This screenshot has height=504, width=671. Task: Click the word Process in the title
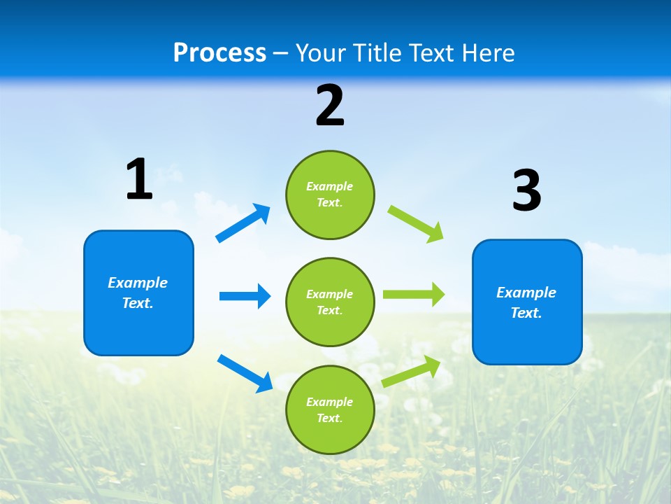click(219, 53)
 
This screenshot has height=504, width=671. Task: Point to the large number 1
click(139, 180)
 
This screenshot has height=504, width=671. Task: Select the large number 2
click(330, 106)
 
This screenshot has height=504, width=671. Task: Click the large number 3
click(527, 191)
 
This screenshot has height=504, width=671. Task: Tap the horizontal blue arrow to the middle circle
click(245, 296)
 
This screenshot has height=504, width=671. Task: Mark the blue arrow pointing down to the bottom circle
click(245, 372)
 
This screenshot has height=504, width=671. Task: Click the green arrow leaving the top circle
click(416, 224)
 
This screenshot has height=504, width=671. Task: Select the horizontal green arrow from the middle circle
click(414, 295)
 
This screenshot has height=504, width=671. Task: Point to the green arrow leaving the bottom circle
click(412, 372)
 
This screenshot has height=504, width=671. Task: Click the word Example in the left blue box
click(138, 283)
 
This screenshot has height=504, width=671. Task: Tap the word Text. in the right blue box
click(526, 313)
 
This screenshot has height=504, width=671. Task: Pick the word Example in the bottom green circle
click(329, 402)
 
